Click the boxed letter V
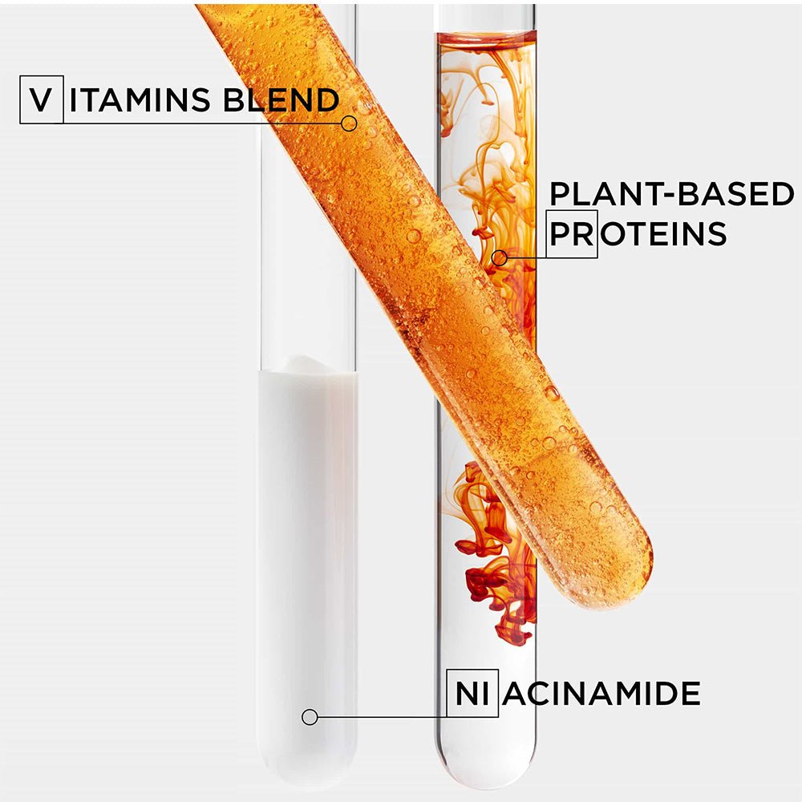[41, 101]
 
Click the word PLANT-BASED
[671, 195]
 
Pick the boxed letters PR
[573, 234]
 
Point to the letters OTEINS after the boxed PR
[662, 234]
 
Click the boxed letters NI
[472, 693]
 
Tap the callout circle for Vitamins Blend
[349, 123]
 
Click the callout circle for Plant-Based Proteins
[500, 257]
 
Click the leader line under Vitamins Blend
[200, 123]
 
